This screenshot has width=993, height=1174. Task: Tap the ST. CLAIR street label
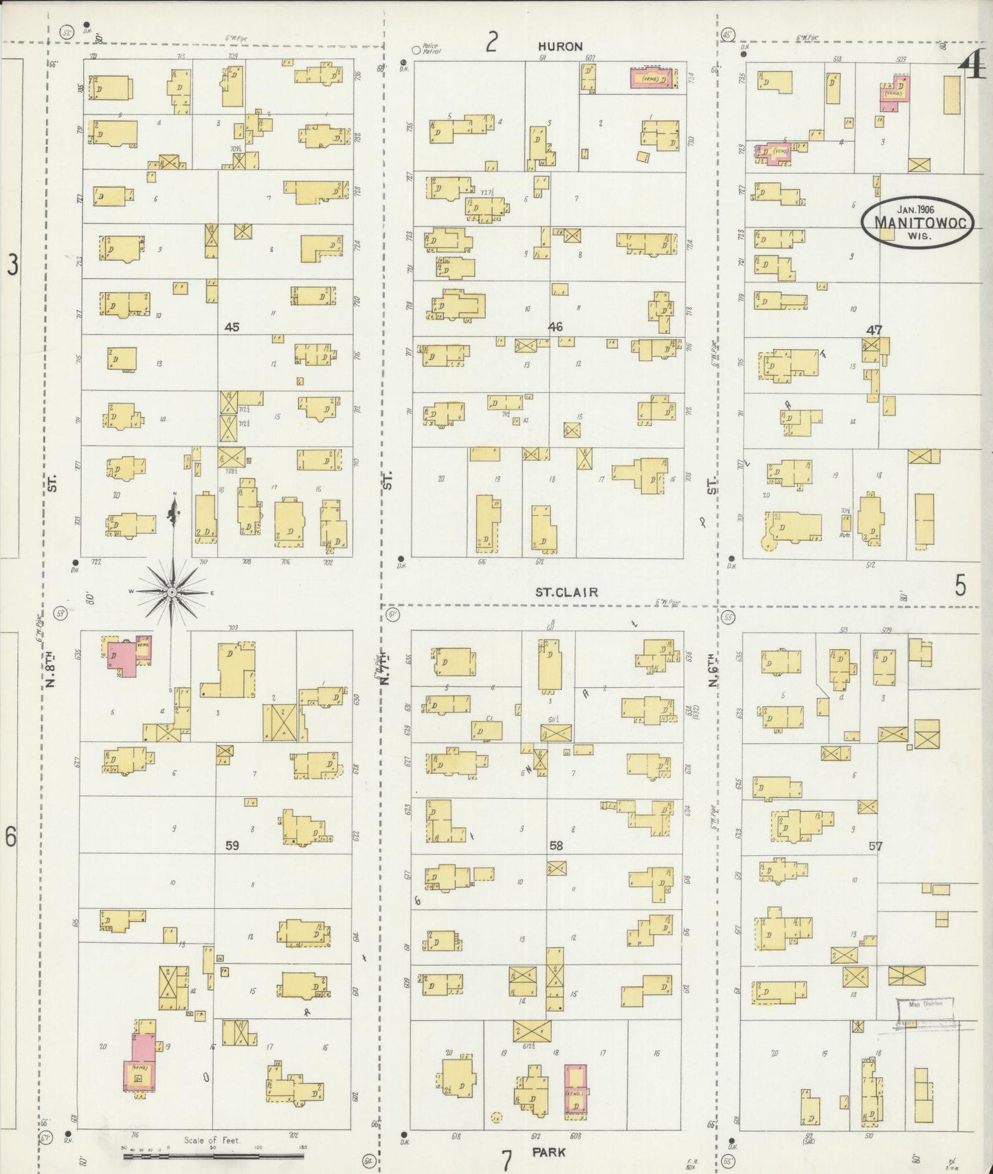[x=566, y=592]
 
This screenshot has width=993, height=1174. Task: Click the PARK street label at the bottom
[x=548, y=1152]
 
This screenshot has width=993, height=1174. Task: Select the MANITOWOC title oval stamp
[x=917, y=221]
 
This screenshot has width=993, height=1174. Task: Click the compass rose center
[x=172, y=591]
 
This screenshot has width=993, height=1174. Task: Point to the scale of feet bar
[x=213, y=1156]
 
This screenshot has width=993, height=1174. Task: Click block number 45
[x=232, y=327]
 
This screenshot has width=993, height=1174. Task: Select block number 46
[x=555, y=327]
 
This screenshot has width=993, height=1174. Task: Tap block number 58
[x=555, y=846]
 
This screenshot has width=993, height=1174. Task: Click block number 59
[x=232, y=846]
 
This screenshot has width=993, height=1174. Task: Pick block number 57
[x=875, y=846]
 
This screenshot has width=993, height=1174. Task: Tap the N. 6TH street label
[x=713, y=670]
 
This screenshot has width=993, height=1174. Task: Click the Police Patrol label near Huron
[x=430, y=49]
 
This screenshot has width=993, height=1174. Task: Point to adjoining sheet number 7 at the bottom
[x=507, y=1160]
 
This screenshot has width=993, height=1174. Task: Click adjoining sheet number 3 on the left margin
[x=12, y=264]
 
